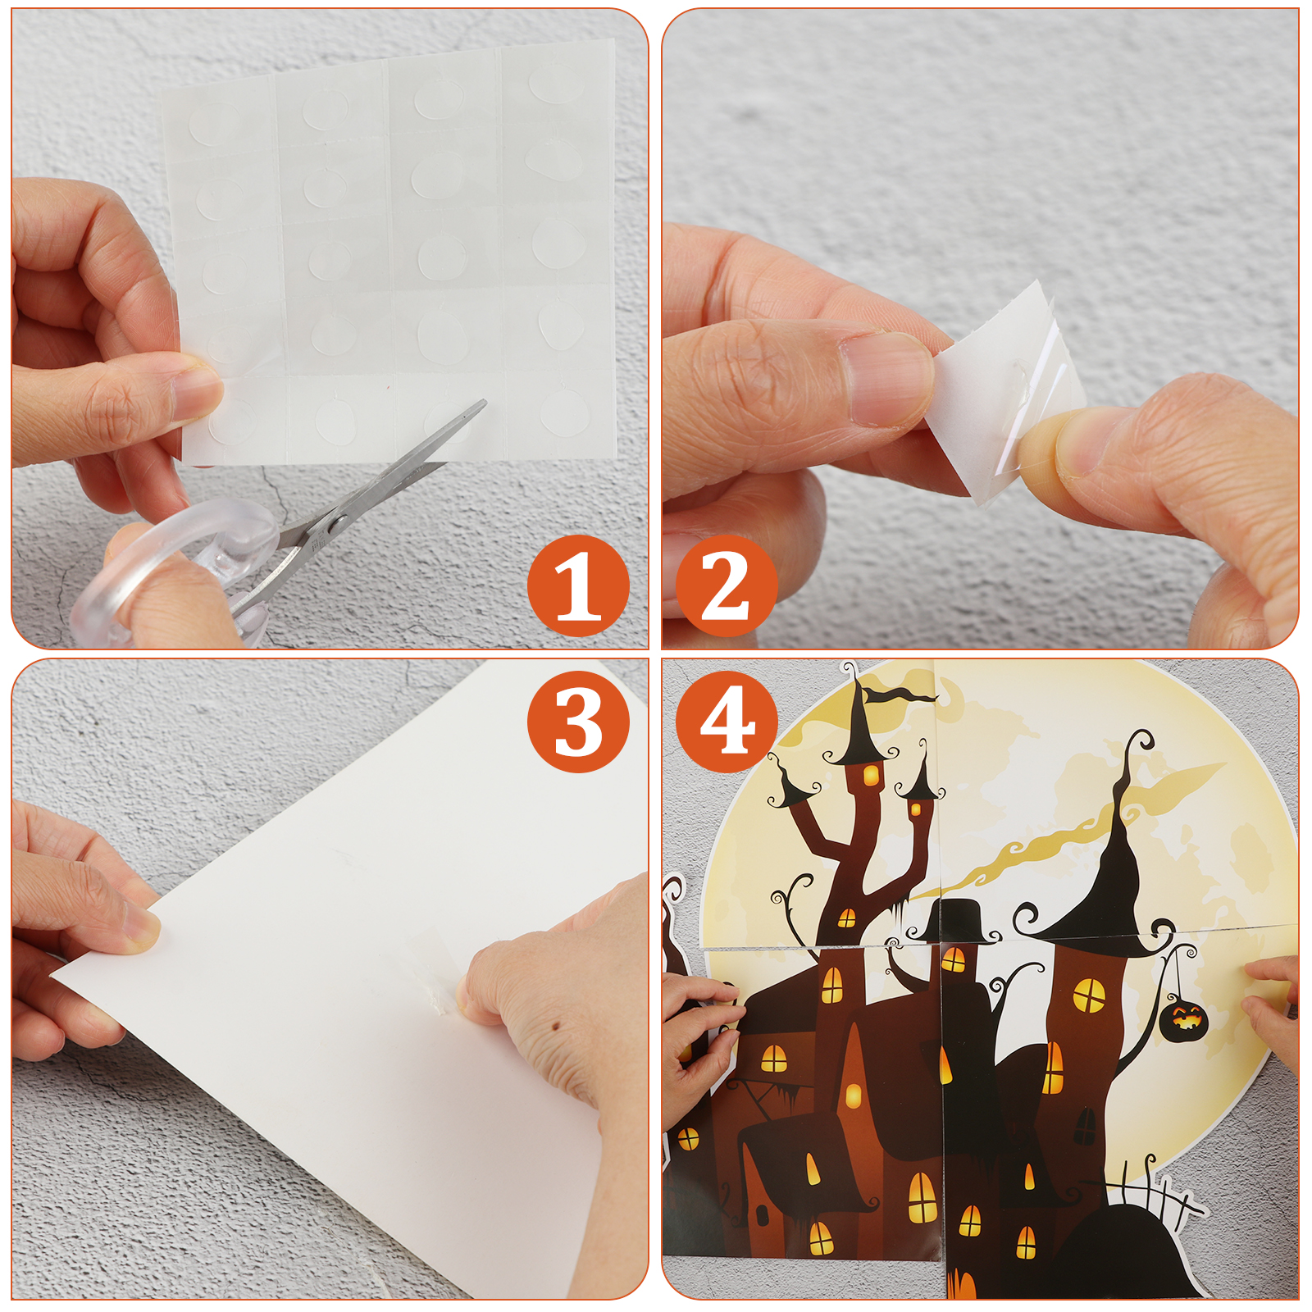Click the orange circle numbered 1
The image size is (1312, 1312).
click(x=578, y=585)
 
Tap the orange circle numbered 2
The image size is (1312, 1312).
click(x=727, y=585)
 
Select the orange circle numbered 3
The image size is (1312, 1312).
click(x=578, y=722)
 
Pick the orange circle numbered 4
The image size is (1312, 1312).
click(x=727, y=722)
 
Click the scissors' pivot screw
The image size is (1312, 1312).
click(x=333, y=521)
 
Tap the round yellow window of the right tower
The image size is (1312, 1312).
click(x=1088, y=995)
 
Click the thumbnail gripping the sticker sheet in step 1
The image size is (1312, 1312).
click(x=194, y=392)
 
